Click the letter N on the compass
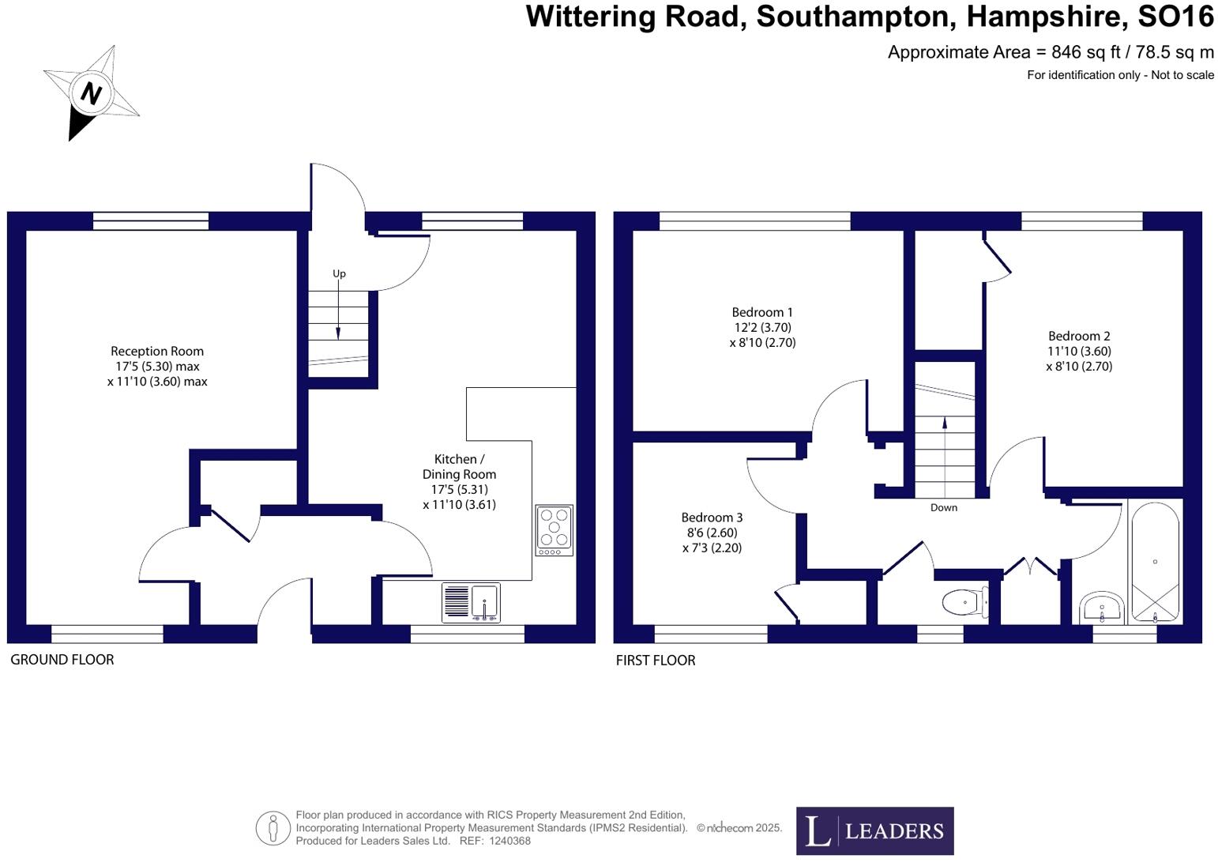[92, 93]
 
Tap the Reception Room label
[157, 352]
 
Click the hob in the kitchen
[554, 529]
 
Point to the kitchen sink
[471, 603]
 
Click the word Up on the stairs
[339, 273]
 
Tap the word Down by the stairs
[943, 507]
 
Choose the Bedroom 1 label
[762, 312]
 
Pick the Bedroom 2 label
[1079, 336]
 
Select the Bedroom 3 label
[712, 518]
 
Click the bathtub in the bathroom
[1155, 562]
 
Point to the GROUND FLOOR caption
[62, 660]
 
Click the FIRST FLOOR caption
[656, 661]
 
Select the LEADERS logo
[874, 830]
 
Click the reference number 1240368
[509, 842]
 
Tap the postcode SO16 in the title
[1175, 17]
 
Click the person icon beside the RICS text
[273, 828]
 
